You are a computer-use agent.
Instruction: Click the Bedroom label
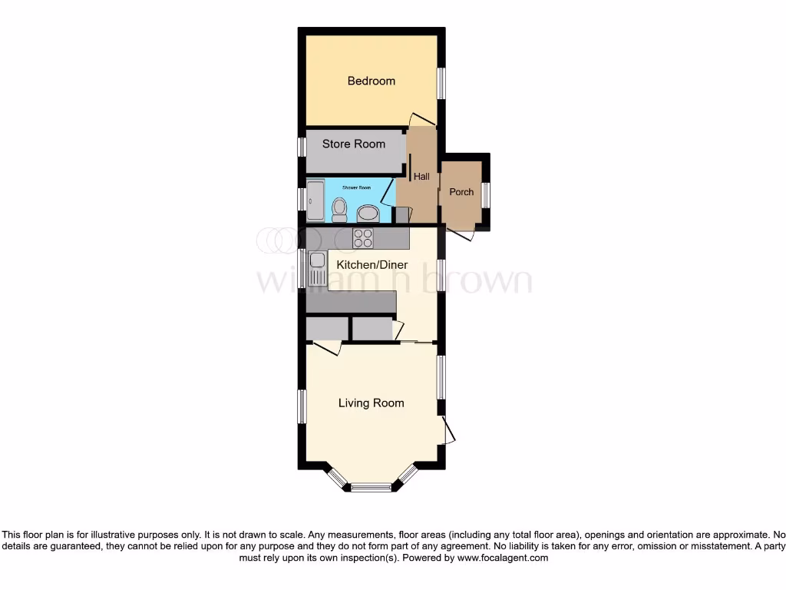tap(371, 81)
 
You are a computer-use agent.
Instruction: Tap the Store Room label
tap(354, 144)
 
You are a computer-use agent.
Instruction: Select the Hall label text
tap(421, 177)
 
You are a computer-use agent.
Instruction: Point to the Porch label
tap(461, 191)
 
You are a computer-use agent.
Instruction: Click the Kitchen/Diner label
tap(372, 265)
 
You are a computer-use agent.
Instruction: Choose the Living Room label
tap(372, 403)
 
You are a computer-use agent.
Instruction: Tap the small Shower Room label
tap(356, 187)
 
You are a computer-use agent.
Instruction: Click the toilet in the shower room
tap(339, 209)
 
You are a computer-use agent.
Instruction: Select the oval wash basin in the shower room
tap(368, 213)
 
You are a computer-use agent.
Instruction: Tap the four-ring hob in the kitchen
tap(363, 238)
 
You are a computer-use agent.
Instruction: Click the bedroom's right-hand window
tap(441, 84)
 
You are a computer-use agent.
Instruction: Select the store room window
tap(302, 147)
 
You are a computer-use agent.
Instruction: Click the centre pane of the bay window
tap(372, 486)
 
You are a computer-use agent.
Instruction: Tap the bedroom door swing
tap(421, 119)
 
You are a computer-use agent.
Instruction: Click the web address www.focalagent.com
tap(502, 558)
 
